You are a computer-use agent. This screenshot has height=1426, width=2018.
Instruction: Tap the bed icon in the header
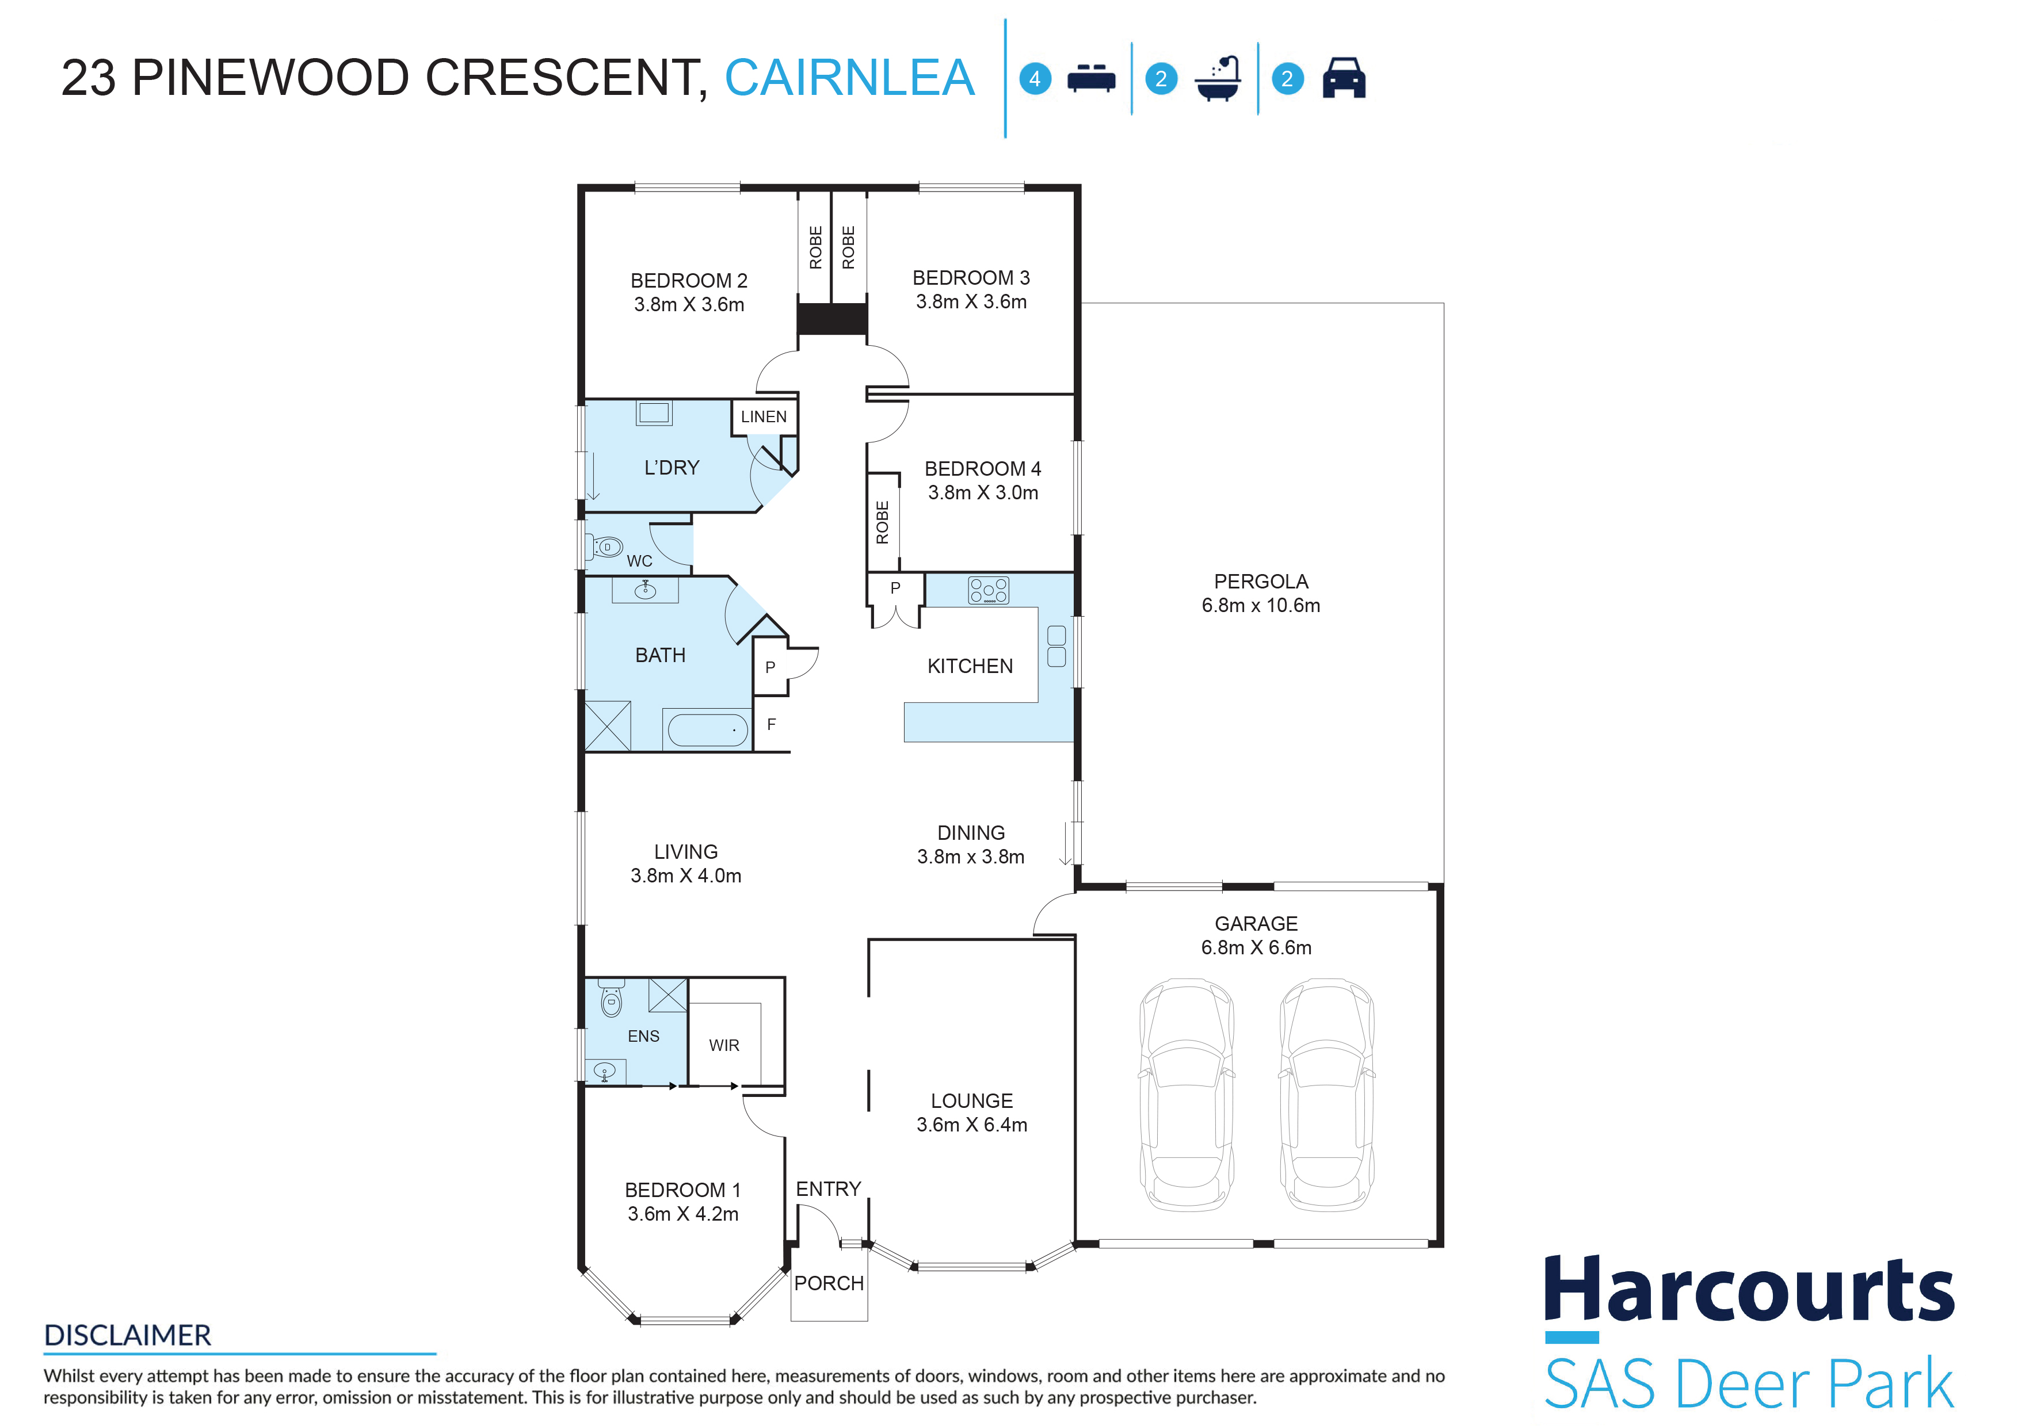[x=1091, y=78]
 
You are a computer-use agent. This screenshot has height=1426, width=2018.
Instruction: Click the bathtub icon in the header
[x=1218, y=78]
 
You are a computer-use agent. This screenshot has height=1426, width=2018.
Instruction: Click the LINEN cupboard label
[x=764, y=416]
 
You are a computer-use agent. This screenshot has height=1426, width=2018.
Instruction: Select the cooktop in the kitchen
[x=988, y=590]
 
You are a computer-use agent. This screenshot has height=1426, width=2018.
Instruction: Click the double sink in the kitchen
[x=1056, y=646]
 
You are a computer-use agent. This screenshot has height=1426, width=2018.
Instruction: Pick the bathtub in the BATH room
[x=708, y=729]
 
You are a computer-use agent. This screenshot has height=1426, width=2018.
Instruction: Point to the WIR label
[x=724, y=1046]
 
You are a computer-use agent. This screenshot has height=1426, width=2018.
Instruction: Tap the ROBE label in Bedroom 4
[x=883, y=522]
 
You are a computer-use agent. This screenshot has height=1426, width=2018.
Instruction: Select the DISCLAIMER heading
[x=127, y=1336]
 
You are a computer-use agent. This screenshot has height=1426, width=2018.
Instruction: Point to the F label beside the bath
[x=772, y=724]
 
